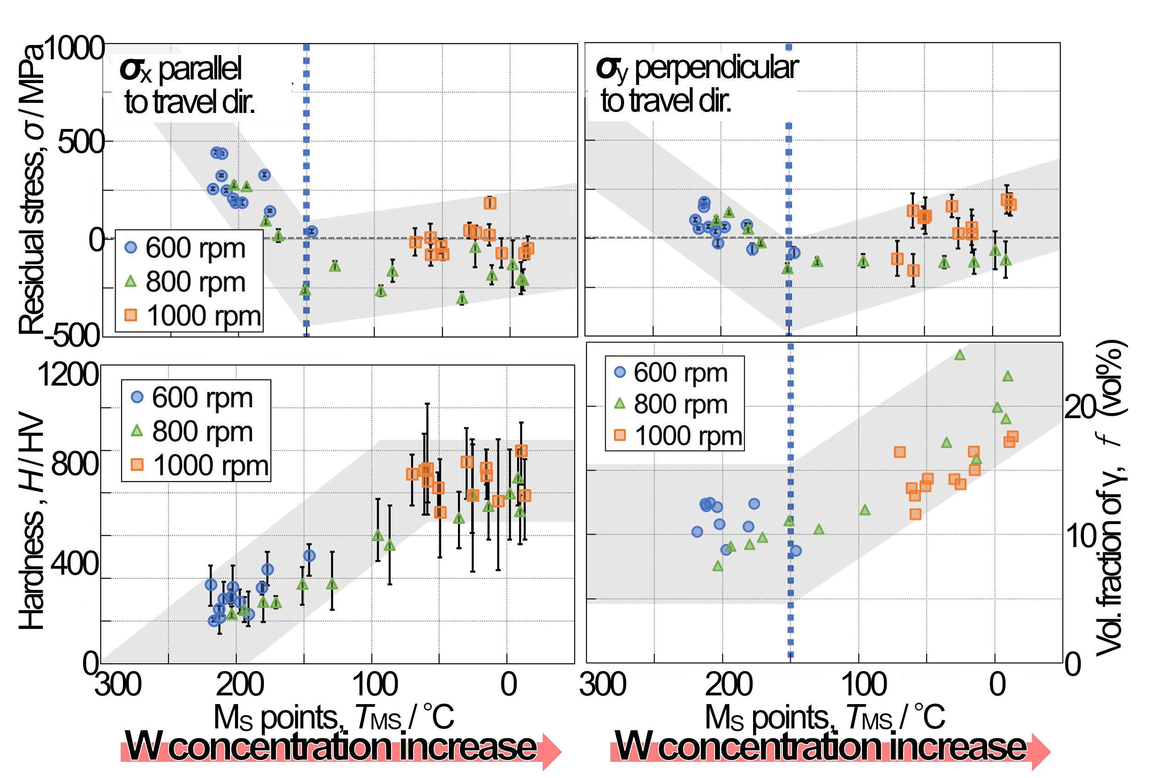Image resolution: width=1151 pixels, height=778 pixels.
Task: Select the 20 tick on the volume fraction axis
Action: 1081,408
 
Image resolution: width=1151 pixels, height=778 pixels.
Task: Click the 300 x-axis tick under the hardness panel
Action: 118,684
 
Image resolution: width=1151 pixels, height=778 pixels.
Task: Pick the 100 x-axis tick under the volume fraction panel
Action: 864,684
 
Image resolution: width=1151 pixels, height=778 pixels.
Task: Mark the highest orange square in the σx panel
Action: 490,202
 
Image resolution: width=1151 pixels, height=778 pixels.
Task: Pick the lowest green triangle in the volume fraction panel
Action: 718,565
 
